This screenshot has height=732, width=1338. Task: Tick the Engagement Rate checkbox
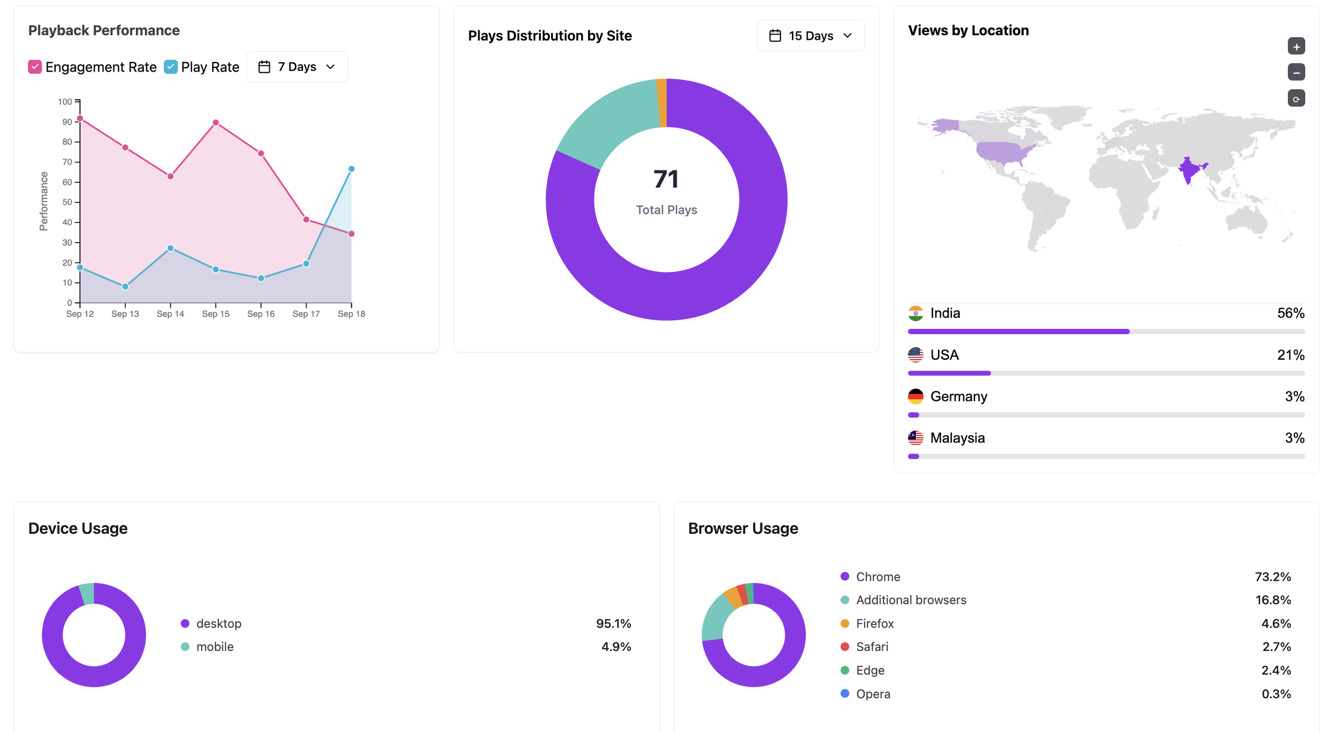(x=34, y=67)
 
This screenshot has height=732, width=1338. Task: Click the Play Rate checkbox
(x=170, y=67)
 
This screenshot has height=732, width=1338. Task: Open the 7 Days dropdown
(x=297, y=67)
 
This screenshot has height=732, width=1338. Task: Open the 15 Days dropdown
(x=811, y=36)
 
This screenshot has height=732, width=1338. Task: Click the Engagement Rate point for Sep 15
(x=216, y=123)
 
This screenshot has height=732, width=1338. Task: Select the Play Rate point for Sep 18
(x=351, y=169)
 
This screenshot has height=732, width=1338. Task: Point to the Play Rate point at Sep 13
(x=125, y=287)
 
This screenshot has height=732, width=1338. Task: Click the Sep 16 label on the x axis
(x=261, y=314)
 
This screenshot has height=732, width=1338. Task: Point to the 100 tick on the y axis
(x=65, y=101)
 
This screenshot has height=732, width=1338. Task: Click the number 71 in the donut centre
(x=666, y=179)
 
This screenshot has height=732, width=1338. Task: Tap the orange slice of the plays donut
(x=662, y=103)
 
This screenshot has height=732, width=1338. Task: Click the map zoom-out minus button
(x=1296, y=72)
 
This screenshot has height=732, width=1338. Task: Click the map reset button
(x=1296, y=98)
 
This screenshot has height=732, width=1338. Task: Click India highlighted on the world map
(x=1189, y=170)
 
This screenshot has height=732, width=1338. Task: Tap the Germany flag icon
(x=916, y=396)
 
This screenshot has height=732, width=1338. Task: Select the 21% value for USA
(x=1290, y=355)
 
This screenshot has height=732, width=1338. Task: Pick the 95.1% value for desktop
(x=614, y=623)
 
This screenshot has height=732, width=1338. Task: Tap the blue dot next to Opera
(x=845, y=693)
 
